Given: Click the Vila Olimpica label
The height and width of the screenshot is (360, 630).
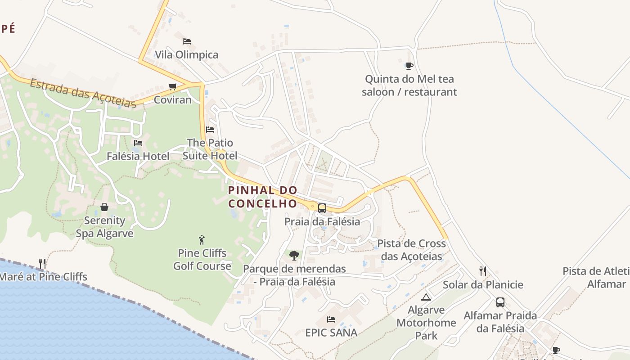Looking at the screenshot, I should [x=186, y=55].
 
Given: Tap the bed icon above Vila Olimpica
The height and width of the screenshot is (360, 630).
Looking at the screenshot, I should [x=187, y=41].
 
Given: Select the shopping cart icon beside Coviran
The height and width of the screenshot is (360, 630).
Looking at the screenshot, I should [x=172, y=86].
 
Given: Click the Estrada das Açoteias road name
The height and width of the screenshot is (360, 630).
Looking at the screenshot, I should [x=83, y=93].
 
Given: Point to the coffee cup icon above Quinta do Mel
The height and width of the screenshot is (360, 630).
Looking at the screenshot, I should [x=409, y=66].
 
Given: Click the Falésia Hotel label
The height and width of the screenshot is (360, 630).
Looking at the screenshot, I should [x=138, y=156].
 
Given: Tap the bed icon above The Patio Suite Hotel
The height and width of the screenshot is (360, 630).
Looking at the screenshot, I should [x=210, y=130].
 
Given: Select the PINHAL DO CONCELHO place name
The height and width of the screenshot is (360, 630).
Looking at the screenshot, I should [x=263, y=197].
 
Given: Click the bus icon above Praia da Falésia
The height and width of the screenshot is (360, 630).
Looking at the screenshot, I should [x=322, y=208].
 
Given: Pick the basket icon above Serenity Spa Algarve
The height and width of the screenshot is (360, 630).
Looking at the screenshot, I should [x=104, y=207].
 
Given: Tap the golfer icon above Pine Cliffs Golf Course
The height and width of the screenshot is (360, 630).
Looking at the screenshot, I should [x=202, y=239].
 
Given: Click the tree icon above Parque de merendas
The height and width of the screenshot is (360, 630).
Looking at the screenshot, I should [x=294, y=256].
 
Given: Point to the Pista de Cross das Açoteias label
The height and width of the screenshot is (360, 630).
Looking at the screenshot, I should [x=411, y=250].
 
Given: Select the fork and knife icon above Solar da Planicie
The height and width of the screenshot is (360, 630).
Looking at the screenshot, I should [x=483, y=271].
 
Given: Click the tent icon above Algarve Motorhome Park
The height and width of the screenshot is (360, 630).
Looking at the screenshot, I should [x=426, y=297].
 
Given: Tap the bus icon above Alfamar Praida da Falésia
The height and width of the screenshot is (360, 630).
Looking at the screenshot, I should [x=500, y=302].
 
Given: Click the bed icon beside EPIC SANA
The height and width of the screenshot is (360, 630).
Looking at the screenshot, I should [x=331, y=319].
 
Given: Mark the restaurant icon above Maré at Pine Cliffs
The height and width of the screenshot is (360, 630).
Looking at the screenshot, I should [x=42, y=263].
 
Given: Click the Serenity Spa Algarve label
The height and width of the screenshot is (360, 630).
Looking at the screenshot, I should [x=104, y=227].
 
